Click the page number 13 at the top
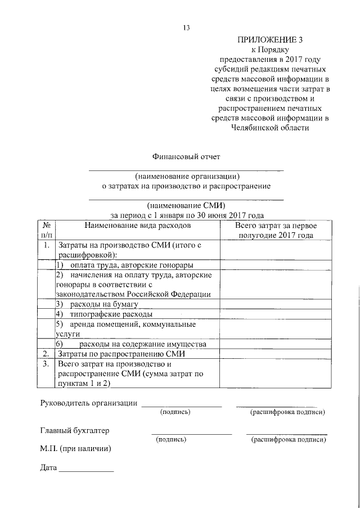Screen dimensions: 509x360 (x=187, y=28)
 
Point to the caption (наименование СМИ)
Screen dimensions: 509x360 (x=186, y=205)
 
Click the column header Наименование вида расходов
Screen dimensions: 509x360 (x=137, y=225)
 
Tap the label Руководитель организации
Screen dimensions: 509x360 (x=89, y=403)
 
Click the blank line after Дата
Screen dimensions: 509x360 (x=86, y=470)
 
